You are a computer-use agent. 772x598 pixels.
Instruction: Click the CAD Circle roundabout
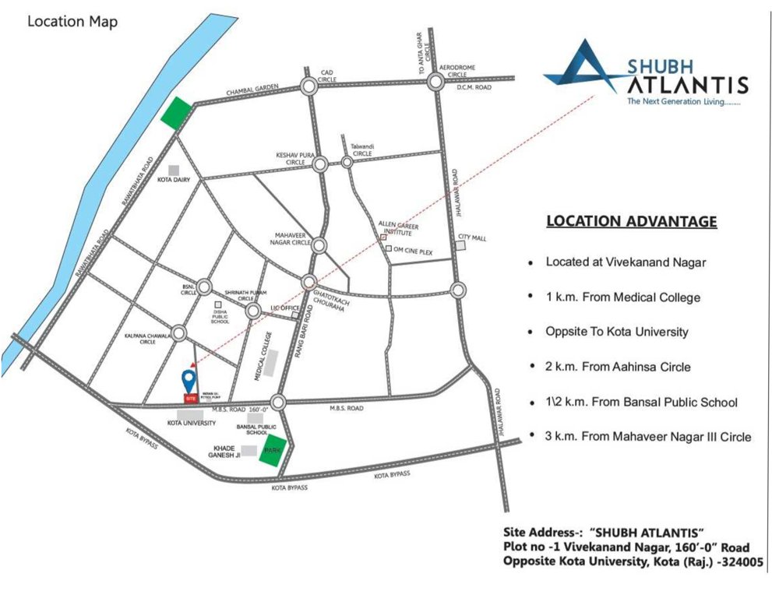(308, 87)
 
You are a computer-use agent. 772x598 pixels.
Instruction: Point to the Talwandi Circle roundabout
(347, 163)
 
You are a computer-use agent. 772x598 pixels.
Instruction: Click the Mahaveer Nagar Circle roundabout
(319, 246)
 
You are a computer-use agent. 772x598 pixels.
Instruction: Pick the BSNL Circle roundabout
(204, 287)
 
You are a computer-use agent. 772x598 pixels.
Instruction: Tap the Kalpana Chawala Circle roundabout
(179, 333)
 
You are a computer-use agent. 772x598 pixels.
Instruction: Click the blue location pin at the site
(188, 382)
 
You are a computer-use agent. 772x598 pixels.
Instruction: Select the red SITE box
(189, 398)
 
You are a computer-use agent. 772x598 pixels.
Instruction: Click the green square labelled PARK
(272, 452)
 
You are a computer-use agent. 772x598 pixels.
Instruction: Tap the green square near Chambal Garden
(177, 112)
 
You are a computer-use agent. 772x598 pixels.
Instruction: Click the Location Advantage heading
(631, 221)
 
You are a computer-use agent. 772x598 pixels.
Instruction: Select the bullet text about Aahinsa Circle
(619, 367)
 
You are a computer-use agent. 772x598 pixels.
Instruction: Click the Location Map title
(72, 22)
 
